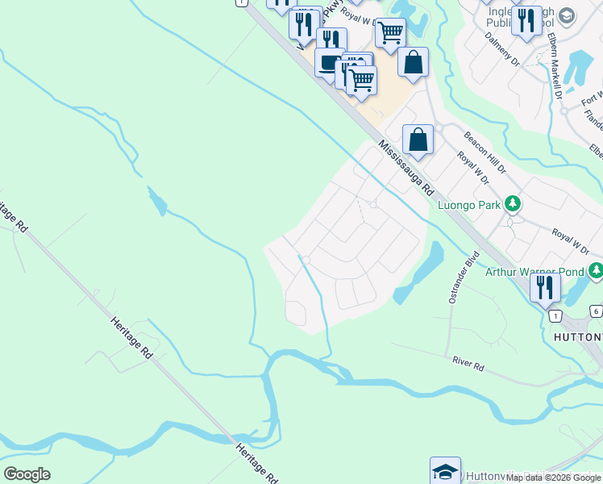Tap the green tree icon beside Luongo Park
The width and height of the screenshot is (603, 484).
pyautogui.click(x=511, y=203)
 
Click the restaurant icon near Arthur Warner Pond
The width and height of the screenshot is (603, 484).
pyautogui.click(x=546, y=286)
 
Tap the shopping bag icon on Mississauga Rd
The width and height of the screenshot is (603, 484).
pyautogui.click(x=418, y=139)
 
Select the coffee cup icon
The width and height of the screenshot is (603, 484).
pyautogui.click(x=329, y=63)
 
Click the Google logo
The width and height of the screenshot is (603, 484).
pyautogui.click(x=27, y=474)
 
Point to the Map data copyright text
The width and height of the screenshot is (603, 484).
pyautogui.click(x=554, y=478)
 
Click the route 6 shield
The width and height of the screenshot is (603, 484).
pyautogui.click(x=595, y=311)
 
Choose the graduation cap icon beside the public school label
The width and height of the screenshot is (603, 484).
pyautogui.click(x=568, y=15)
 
